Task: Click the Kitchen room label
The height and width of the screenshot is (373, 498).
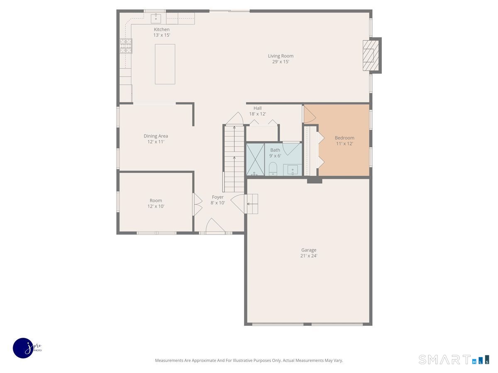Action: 161,29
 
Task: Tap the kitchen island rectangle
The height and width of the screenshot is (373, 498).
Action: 165,64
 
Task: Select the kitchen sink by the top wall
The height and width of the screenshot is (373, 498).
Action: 156,18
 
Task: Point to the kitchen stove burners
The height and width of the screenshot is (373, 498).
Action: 126,46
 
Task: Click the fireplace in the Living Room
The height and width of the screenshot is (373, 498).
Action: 370,55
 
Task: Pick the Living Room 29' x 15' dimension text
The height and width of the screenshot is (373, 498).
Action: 281,62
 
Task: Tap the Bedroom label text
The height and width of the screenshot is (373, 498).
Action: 344,138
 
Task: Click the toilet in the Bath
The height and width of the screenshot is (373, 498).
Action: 273,169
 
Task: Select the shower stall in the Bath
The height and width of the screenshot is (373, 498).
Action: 255,160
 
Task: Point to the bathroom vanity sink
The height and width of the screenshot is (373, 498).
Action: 293,170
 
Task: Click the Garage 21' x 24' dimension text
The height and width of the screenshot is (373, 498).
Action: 309,256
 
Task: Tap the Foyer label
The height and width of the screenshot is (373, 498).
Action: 217,197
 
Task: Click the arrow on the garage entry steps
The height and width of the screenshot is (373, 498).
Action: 251,203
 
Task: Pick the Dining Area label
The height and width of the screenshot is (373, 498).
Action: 156,136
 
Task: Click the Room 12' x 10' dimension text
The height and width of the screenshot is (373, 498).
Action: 156,206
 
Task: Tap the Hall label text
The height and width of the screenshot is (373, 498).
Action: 257,108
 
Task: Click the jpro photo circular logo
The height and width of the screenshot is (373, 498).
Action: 24,348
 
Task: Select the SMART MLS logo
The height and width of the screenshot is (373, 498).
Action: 453,359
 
